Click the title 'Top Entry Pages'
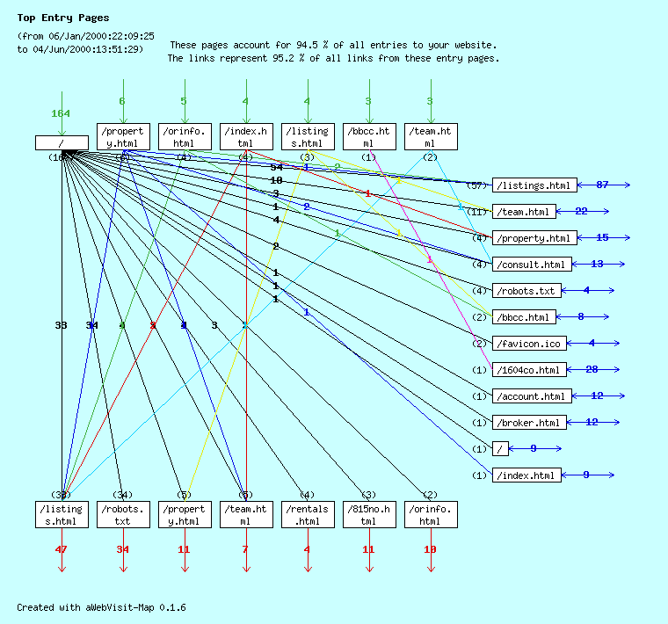[x=63, y=18]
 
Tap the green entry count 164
[x=61, y=113]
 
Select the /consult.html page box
[x=532, y=265]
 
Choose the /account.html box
[x=532, y=396]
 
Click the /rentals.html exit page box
[x=308, y=515]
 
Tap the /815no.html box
[x=369, y=515]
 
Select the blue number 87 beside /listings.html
[x=602, y=185]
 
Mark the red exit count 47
[x=61, y=549]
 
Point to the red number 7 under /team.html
[x=246, y=549]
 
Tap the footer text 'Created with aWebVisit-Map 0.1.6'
[x=101, y=607]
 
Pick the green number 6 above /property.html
[x=122, y=101]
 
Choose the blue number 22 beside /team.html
[x=581, y=211]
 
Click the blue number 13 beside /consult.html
[x=597, y=264]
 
